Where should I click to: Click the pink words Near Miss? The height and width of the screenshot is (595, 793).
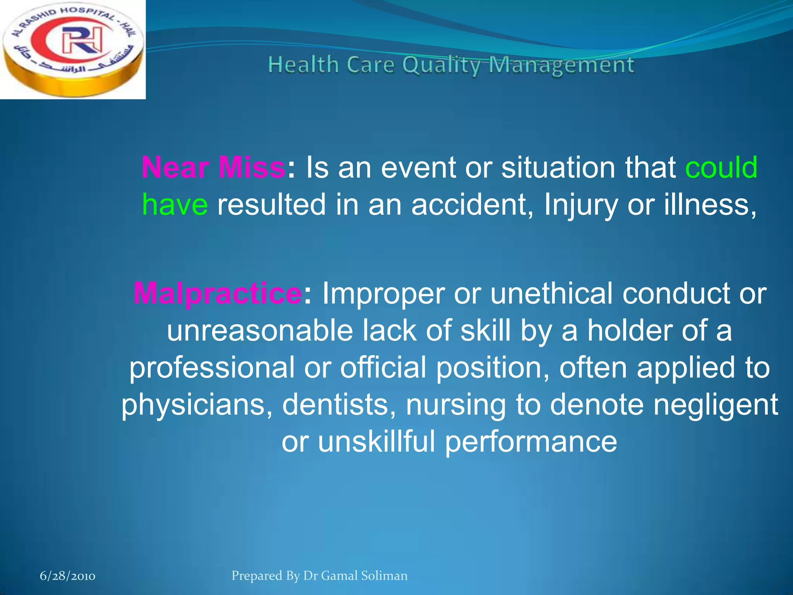213,167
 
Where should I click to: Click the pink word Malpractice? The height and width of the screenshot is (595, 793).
217,293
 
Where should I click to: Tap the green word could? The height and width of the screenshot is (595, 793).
721,167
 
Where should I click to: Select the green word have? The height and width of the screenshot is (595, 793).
175,205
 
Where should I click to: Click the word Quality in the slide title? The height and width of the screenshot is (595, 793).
441,65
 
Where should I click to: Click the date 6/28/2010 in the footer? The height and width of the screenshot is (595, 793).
67,576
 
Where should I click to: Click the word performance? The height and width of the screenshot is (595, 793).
530,442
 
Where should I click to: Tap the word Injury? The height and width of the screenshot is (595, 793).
581,205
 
